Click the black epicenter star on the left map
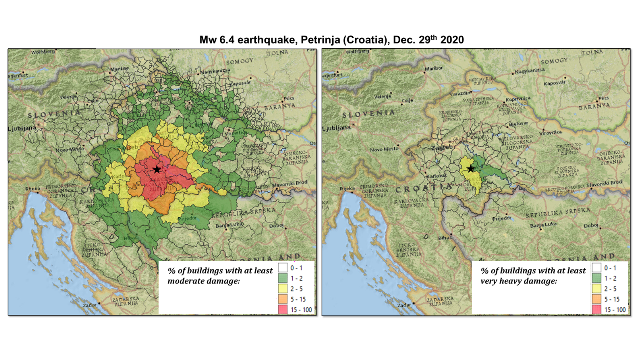157,169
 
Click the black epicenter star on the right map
471,169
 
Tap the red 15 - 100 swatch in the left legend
283,309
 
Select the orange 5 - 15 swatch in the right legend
597,299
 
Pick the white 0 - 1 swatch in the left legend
283,268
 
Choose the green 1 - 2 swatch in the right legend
597,278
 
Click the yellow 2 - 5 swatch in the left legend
283,289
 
